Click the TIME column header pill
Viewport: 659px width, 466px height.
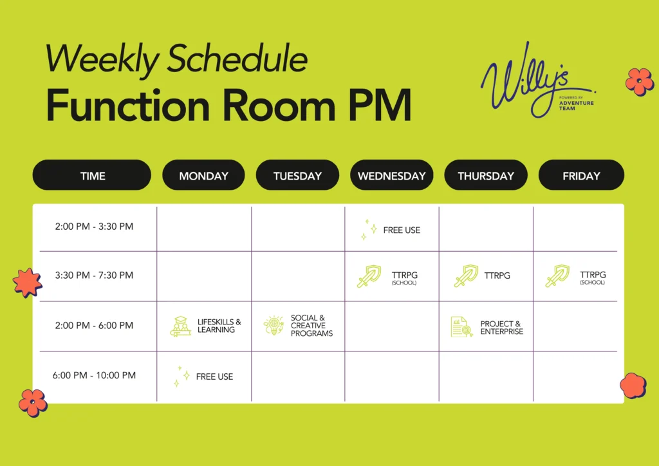click(91, 175)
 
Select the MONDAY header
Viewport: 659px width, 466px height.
click(203, 175)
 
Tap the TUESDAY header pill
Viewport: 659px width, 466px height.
click(297, 175)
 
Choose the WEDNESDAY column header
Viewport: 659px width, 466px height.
click(392, 175)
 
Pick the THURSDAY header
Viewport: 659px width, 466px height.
click(486, 175)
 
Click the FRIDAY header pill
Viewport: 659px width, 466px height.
click(581, 175)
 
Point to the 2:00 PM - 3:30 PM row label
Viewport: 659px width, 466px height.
click(94, 227)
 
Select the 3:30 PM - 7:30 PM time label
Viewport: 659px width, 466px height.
click(94, 275)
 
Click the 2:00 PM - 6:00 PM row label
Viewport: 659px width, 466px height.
click(94, 325)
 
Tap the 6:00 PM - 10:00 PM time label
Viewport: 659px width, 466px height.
click(94, 375)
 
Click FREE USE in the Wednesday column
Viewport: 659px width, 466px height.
click(402, 230)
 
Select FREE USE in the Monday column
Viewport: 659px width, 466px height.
click(214, 377)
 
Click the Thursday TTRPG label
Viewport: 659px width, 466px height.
click(497, 275)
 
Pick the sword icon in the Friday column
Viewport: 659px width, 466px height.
click(557, 276)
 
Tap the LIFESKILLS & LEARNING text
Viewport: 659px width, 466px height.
click(219, 326)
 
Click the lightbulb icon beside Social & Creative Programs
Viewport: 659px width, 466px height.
click(274, 326)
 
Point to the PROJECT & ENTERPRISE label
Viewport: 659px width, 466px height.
click(502, 328)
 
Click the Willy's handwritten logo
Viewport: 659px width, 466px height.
click(538, 80)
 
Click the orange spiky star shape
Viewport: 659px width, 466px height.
click(27, 283)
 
